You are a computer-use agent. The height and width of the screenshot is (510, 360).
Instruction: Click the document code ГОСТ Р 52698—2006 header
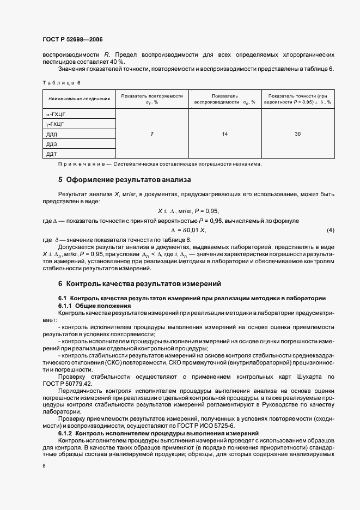tap(72, 40)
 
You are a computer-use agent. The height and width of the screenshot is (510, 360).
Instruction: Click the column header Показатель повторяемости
tap(152, 99)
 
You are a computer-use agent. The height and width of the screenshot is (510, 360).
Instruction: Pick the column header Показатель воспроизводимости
tap(224, 99)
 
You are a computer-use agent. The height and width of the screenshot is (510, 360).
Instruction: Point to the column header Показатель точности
tap(297, 99)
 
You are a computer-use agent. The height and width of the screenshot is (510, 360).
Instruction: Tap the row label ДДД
tap(52, 134)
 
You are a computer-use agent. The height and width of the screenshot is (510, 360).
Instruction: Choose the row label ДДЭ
tap(52, 144)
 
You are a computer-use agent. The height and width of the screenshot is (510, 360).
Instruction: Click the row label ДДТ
tap(52, 154)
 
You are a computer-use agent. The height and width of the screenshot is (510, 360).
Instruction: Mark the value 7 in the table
tap(152, 134)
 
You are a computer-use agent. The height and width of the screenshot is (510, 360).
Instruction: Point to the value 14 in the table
tap(224, 134)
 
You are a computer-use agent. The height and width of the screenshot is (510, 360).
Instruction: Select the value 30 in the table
tap(297, 134)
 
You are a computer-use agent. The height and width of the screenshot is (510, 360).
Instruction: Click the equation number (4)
tap(330, 230)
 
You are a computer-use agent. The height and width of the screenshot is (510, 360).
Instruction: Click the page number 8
tap(44, 466)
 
